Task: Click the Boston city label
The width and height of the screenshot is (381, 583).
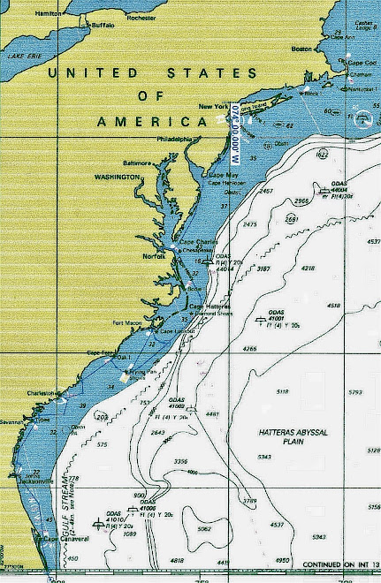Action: (301, 49)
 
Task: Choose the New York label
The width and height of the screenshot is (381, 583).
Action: (213, 107)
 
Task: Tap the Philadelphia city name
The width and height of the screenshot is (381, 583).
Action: (173, 139)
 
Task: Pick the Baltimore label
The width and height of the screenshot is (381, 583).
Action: (138, 163)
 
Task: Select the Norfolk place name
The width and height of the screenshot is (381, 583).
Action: (155, 256)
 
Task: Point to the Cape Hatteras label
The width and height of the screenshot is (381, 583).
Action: (209, 307)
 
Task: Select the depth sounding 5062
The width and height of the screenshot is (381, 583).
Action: (204, 529)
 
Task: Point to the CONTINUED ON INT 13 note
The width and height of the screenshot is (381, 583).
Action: (339, 564)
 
